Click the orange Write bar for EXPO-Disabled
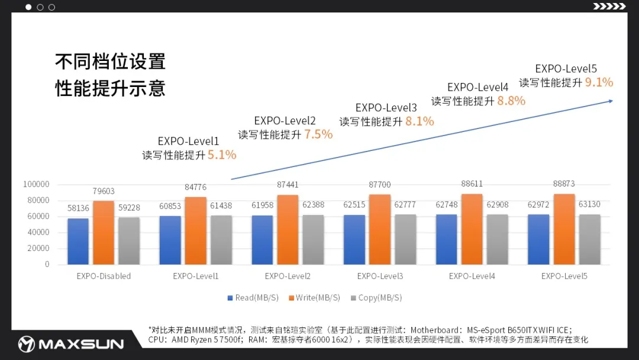click(104, 233)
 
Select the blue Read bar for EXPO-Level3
click(355, 239)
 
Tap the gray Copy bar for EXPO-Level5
click(589, 239)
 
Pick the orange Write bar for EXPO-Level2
click(288, 230)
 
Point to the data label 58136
click(79, 208)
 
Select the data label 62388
click(313, 205)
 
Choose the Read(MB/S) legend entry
click(253, 298)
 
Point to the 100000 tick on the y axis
click(37, 184)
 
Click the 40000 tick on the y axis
click(39, 232)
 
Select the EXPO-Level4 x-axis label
click(472, 277)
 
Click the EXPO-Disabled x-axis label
click(104, 277)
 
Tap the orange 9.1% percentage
click(599, 82)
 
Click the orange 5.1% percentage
click(222, 155)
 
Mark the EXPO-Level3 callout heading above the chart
click(386, 108)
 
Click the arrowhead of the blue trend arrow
click(610, 101)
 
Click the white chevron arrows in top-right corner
click(609, 7)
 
